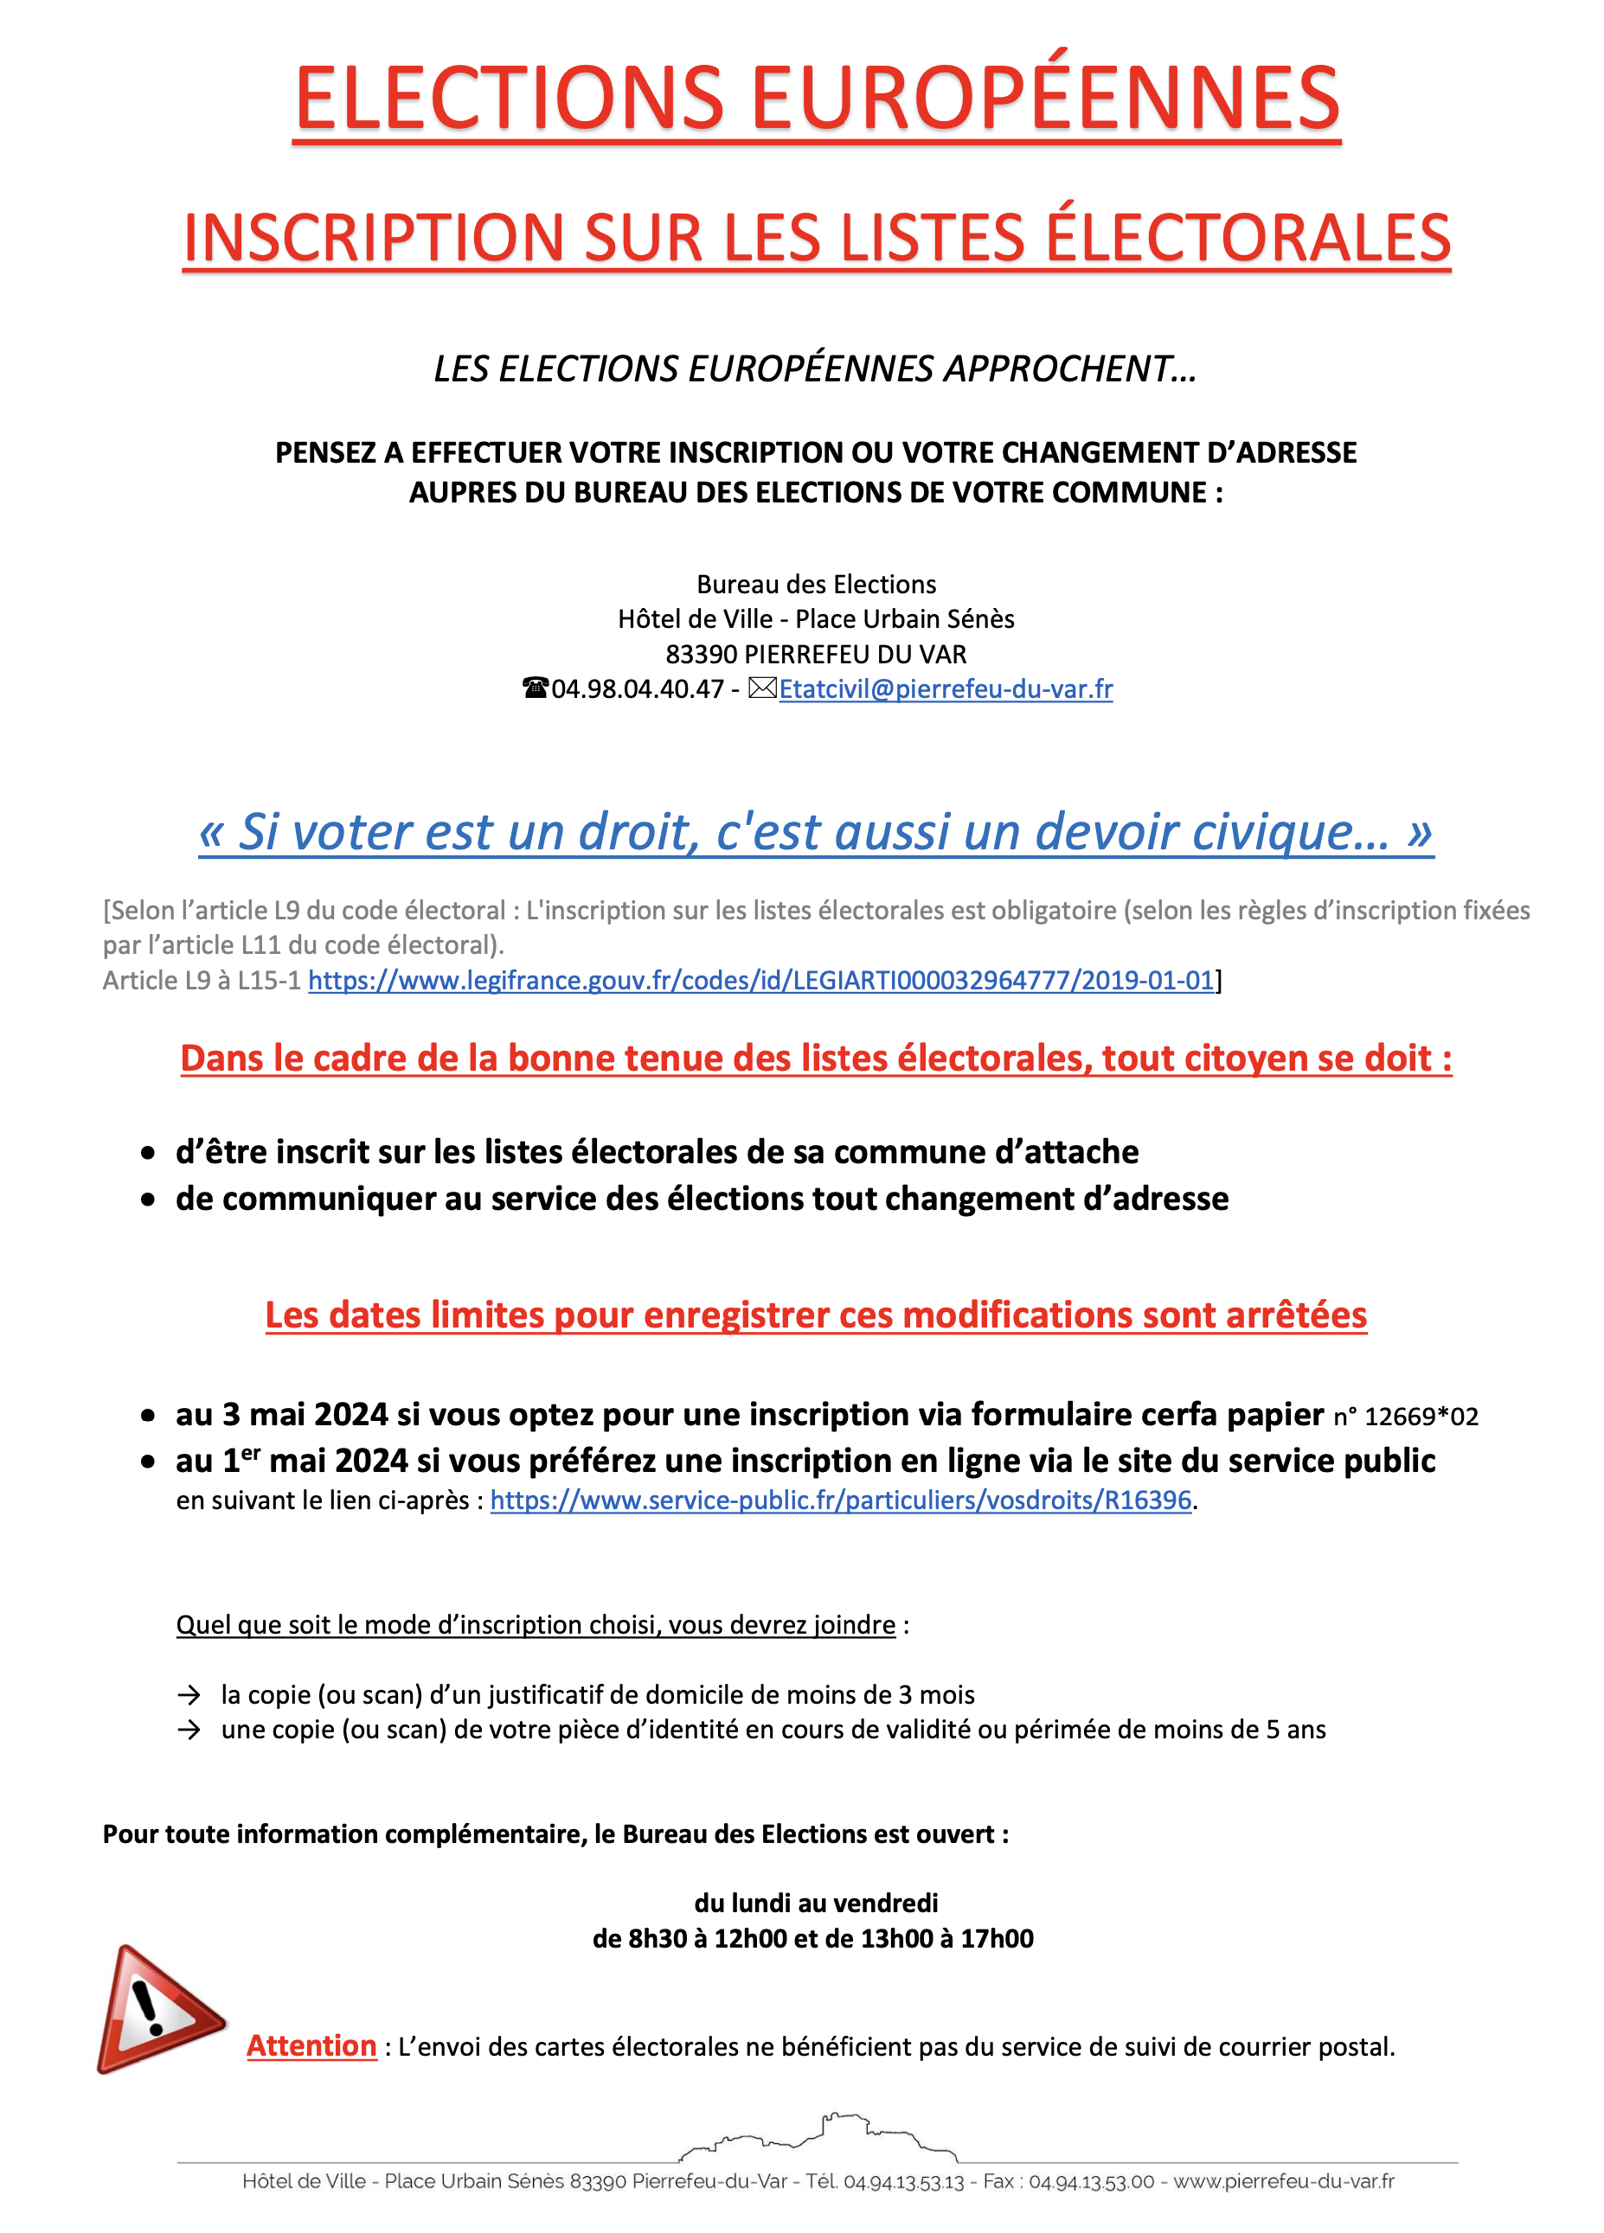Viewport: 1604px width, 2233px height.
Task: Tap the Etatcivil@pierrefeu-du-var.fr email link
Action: coord(946,689)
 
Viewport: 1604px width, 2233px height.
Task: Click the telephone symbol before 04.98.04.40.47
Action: coord(535,688)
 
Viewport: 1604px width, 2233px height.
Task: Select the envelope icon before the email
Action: coord(762,688)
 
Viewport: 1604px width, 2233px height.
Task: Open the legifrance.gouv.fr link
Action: coord(760,981)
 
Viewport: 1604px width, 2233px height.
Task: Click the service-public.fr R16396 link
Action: coord(840,1500)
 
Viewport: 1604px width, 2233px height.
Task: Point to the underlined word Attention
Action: coord(311,2046)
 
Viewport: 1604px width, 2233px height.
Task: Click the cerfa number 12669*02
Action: coord(1421,1417)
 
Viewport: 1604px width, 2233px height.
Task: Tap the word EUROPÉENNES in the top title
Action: coord(1046,99)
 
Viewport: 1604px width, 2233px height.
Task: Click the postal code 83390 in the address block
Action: coord(701,655)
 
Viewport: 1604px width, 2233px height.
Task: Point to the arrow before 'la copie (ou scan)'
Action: coord(188,1695)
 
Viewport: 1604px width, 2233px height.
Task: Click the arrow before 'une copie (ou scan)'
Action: coord(188,1730)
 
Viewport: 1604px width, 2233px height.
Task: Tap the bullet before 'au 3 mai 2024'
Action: coord(148,1416)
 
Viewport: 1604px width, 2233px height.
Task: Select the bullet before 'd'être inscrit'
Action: coord(148,1153)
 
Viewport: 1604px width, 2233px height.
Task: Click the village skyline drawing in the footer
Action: coord(818,2134)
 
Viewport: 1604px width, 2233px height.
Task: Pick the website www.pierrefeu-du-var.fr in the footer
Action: coord(1284,2182)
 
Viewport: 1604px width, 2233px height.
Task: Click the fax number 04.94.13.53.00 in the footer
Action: coord(1091,2182)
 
